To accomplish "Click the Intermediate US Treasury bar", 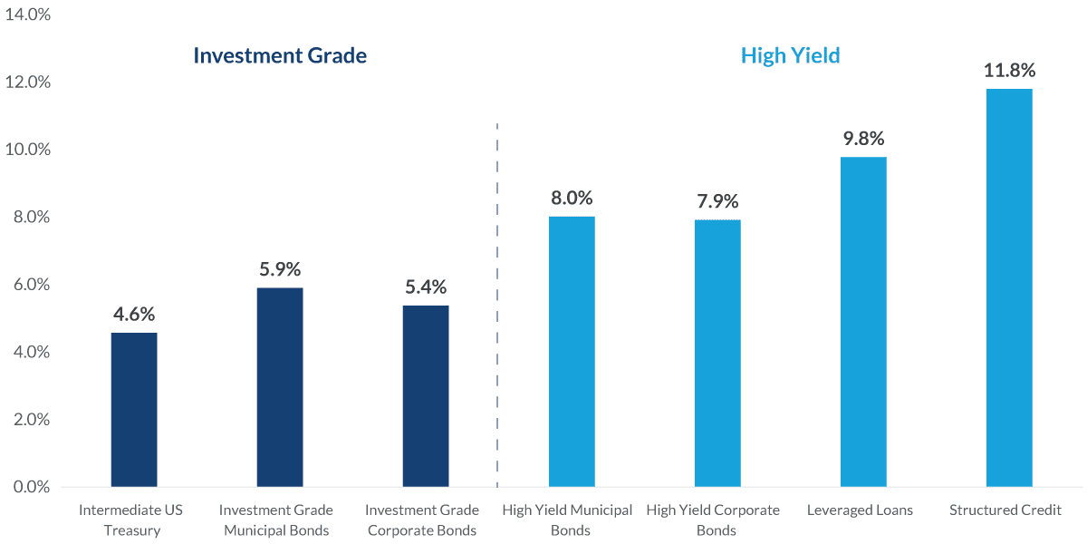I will click(134, 410).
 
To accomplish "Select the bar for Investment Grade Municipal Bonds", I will click(280, 387).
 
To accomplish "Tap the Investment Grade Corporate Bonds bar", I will click(426, 396).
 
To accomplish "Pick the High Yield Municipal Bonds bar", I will click(572, 352).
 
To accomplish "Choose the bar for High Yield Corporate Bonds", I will click(717, 354).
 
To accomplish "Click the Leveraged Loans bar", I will click(863, 322).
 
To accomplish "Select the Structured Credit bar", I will click(1009, 287).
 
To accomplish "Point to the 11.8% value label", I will click(1009, 71).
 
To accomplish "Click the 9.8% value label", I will click(863, 139).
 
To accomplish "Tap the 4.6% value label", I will click(134, 315).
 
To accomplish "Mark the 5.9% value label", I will click(280, 269).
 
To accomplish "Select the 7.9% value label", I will click(717, 201).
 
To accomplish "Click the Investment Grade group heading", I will click(280, 55).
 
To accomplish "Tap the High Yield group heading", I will click(790, 55).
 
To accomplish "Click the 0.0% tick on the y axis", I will click(30, 487).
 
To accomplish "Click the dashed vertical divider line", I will click(497, 299).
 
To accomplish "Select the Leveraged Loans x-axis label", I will click(860, 510).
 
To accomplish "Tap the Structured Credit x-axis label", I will click(1005, 510).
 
